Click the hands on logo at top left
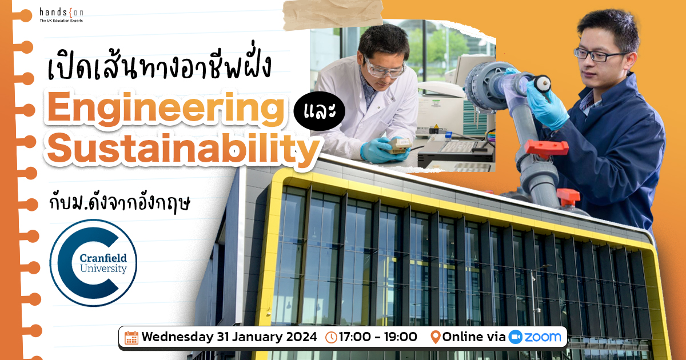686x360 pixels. pos(61,15)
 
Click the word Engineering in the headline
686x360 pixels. pos(166,109)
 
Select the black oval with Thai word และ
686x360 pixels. pos(319,111)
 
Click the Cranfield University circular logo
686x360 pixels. pos(93,263)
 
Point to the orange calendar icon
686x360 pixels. pos(131,338)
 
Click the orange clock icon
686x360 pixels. pos(331,337)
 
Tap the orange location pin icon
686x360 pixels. pos(435,337)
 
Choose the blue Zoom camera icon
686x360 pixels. pos(516,337)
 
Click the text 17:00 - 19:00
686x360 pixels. pos(378,337)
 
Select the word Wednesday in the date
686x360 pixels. pos(178,337)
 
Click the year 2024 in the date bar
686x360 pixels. pos(301,337)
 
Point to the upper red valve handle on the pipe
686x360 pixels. pos(547,148)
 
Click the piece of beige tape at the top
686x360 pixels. pos(333,14)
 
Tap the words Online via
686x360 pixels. pos(474,337)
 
